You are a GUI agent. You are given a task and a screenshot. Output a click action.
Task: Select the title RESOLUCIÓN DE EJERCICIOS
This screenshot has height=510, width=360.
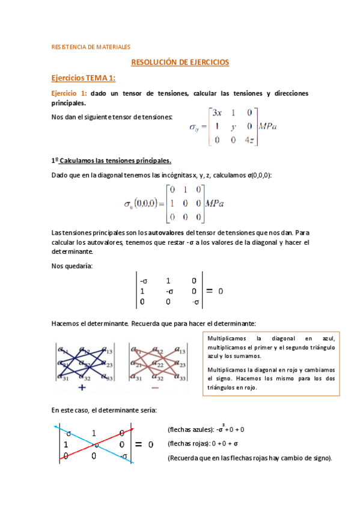180,62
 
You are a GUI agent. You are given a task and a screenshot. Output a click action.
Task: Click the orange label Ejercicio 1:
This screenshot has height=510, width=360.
69,93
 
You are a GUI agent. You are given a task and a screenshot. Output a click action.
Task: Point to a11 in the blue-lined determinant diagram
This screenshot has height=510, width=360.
62,348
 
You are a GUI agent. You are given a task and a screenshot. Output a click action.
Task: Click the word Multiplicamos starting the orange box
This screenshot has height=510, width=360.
226,339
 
